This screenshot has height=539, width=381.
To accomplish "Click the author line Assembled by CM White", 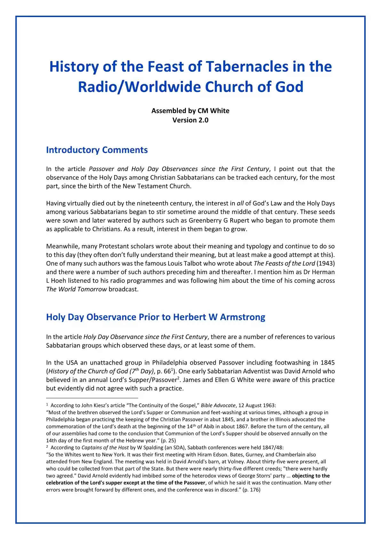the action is [x=190, y=111].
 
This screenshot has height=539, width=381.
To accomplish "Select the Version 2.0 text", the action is [x=190, y=120].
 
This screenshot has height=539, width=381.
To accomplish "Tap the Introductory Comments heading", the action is [x=97, y=150].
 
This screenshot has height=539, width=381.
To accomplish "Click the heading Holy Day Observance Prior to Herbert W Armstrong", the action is [x=155, y=317].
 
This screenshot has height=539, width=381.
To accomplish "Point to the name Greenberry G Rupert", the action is [x=219, y=220].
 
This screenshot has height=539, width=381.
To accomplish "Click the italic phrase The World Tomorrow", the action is [x=76, y=289].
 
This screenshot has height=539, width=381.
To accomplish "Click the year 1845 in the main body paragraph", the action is [x=328, y=362].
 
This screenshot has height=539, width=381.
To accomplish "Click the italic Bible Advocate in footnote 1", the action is [x=218, y=405].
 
